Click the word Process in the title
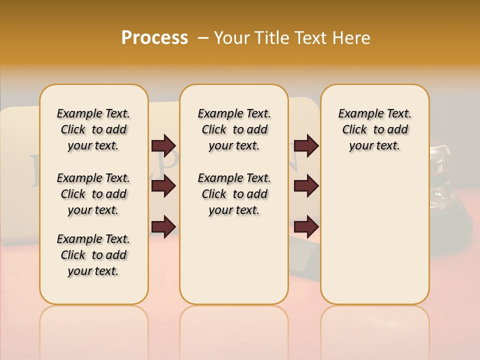click(x=154, y=38)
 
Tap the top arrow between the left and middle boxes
click(x=163, y=145)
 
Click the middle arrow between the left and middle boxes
click(x=163, y=186)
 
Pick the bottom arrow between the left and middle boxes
click(x=163, y=226)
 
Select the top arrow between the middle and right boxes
click(x=306, y=145)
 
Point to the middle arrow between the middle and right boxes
click(x=306, y=186)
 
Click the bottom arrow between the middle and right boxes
click(x=306, y=226)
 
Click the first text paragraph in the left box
click(x=93, y=129)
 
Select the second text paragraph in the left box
click(x=93, y=194)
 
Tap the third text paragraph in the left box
click(x=93, y=255)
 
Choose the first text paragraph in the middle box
click(x=234, y=129)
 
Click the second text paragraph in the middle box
click(x=234, y=194)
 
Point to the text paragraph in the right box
click(x=374, y=129)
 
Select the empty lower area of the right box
click(x=374, y=235)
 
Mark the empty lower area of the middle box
click(x=234, y=260)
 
